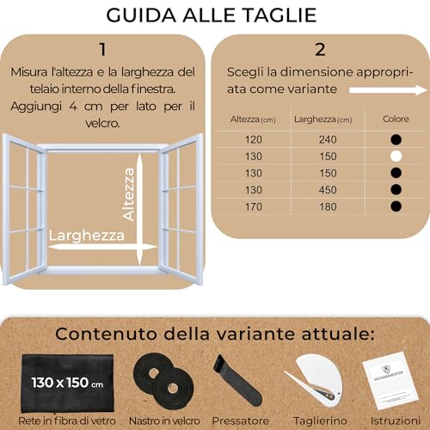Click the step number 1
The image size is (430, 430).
pyautogui.click(x=102, y=49)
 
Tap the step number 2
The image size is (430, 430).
pyautogui.click(x=320, y=49)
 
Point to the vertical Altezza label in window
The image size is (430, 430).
pyautogui.click(x=129, y=194)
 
